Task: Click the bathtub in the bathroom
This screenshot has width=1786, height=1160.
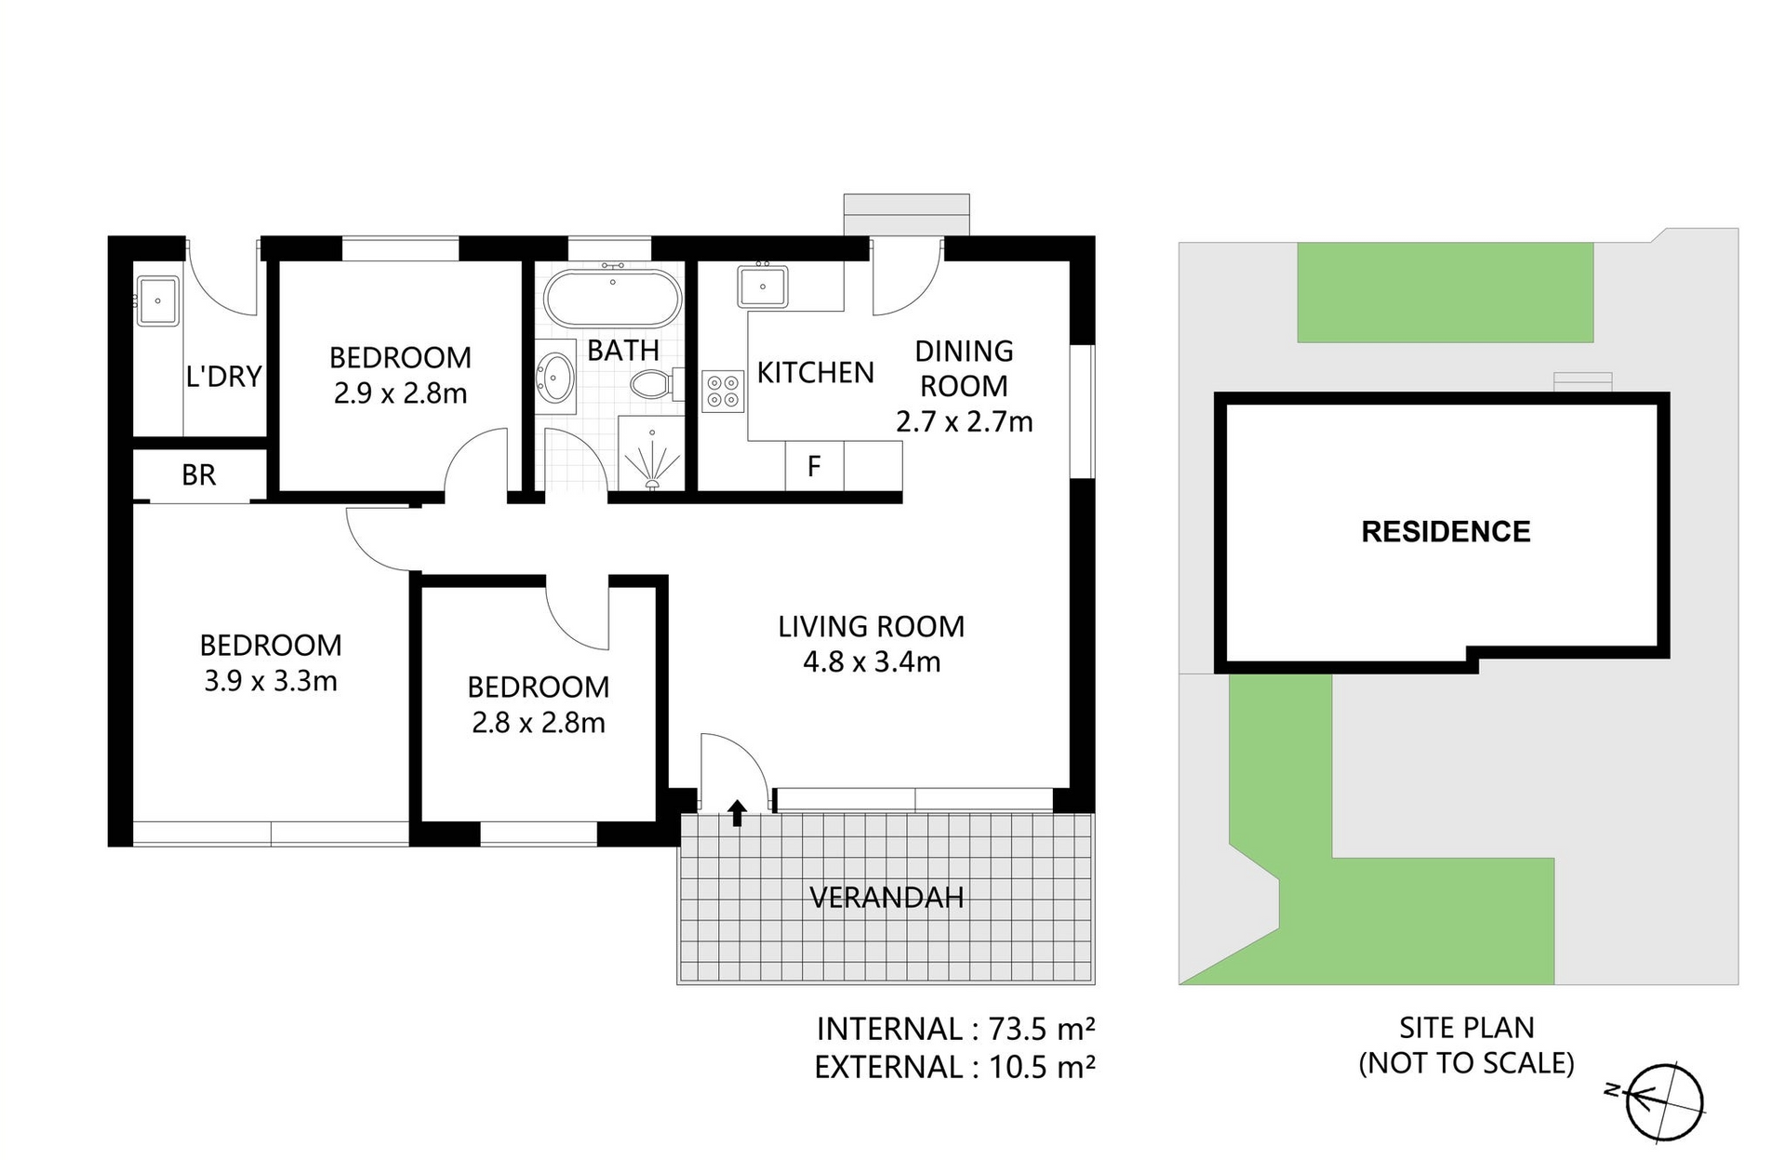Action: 613,298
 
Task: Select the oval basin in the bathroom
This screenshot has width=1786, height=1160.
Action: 556,378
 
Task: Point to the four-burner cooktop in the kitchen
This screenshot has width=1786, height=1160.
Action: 723,391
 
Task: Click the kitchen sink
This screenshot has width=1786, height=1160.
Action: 763,286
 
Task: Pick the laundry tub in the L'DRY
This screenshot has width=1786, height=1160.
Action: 157,300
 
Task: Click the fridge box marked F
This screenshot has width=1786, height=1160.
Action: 815,465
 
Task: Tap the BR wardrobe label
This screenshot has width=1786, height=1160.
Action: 199,475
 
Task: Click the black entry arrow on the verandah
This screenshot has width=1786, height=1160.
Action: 737,813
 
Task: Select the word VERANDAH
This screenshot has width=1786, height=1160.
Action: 886,898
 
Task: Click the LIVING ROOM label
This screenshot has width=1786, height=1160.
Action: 872,627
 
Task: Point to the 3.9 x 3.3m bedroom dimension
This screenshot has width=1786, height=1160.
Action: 271,681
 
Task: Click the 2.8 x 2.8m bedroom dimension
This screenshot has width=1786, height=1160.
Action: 539,723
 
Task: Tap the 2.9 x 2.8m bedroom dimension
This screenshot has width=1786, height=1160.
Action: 400,393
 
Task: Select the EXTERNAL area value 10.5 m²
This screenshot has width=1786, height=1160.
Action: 1042,1067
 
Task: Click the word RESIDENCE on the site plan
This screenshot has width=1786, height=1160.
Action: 1446,532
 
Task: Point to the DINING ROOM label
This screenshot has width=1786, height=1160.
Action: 964,368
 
